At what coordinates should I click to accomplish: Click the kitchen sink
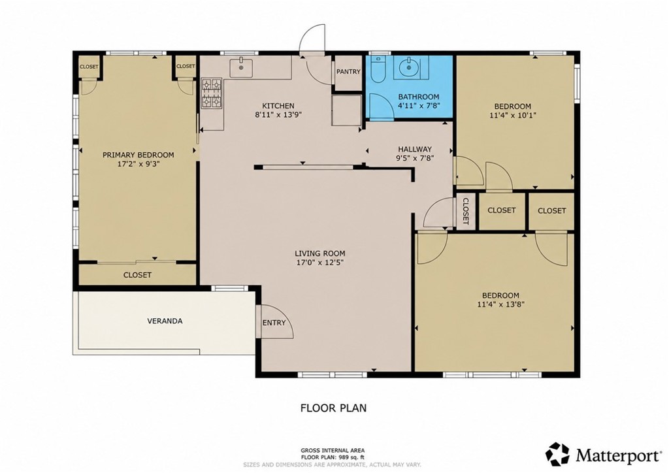pos(242,67)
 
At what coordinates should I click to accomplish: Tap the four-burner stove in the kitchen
pos(212,93)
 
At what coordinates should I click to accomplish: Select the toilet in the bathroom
pos(378,71)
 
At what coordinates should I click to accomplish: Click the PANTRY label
pos(348,72)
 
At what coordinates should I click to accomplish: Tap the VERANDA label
pos(165,321)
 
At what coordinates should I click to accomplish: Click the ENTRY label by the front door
pos(274,323)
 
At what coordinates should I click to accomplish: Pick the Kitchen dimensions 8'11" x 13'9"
pos(278,115)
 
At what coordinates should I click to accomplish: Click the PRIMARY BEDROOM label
pos(139,155)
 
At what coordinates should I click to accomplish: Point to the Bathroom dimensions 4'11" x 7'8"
pos(419,105)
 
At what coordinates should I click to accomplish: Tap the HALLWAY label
pos(415,149)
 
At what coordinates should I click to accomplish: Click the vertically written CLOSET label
pos(466,211)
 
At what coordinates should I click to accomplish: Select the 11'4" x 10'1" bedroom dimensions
pos(512,115)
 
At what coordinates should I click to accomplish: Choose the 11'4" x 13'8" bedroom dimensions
pos(501,304)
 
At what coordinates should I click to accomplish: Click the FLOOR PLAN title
pos(333,408)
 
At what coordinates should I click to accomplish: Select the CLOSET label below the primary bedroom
pos(137,275)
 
